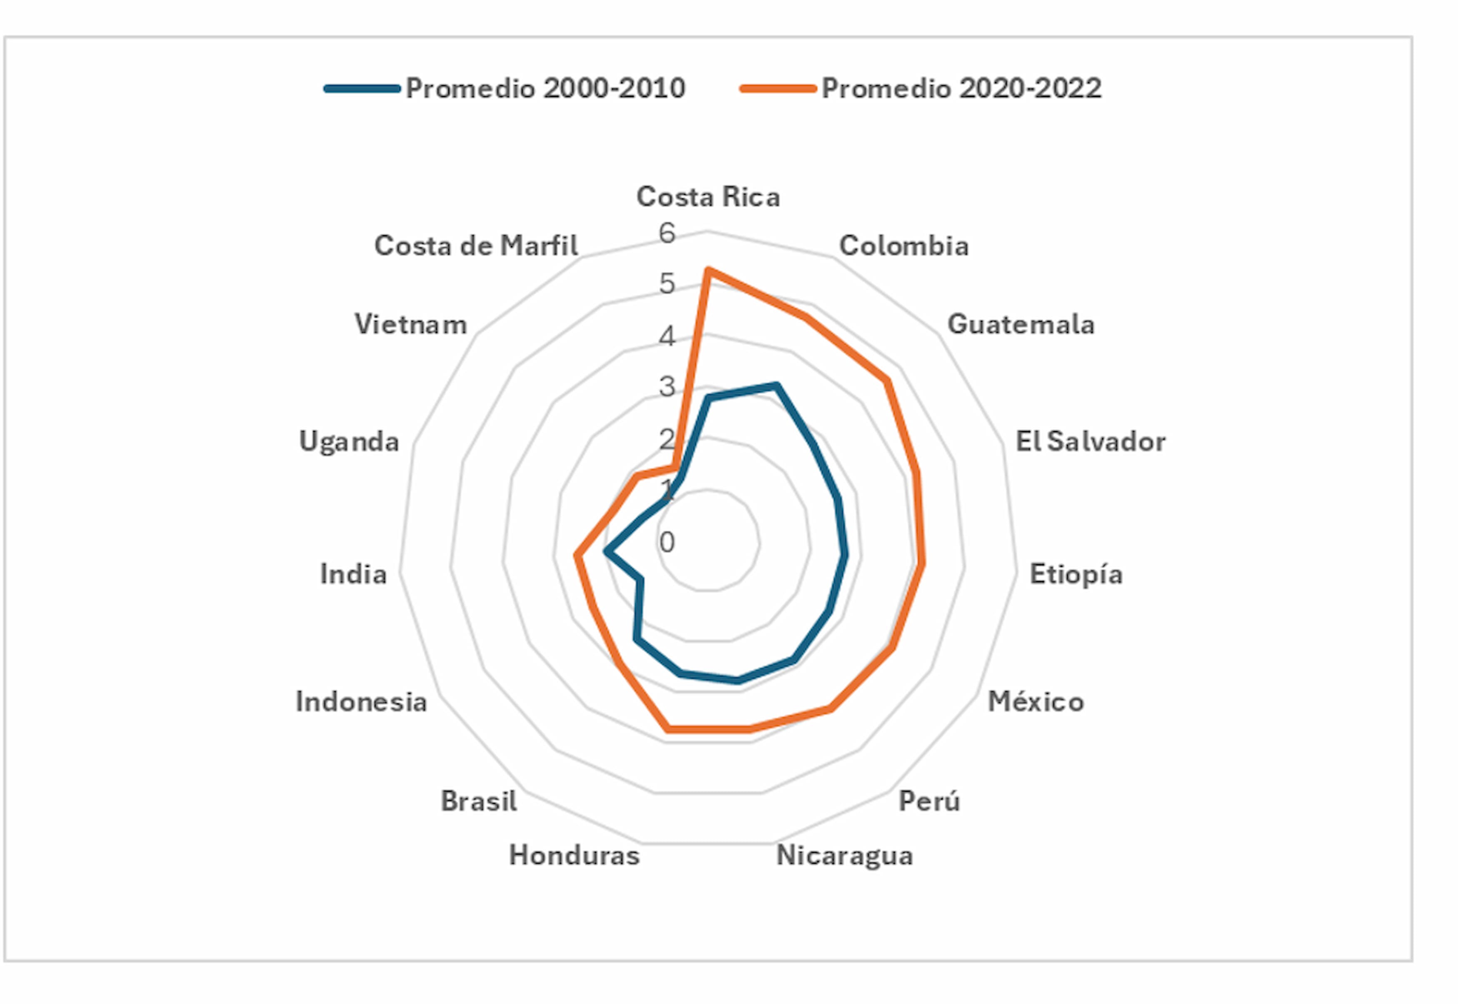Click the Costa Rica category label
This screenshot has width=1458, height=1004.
click(708, 197)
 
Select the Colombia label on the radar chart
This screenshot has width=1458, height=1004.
click(904, 246)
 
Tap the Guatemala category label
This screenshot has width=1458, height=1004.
click(1021, 325)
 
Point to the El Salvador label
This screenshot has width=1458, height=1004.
click(1090, 442)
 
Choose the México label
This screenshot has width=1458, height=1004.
click(1036, 701)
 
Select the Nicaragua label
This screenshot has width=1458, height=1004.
click(844, 855)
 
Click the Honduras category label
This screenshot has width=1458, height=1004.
click(574, 855)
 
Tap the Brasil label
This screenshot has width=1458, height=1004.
click(479, 801)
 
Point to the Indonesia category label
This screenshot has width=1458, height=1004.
click(361, 701)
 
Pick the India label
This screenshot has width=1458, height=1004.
click(353, 574)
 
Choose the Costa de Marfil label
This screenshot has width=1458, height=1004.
click(476, 246)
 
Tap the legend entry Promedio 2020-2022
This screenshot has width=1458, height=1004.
click(961, 88)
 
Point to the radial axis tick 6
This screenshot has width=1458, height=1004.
click(667, 234)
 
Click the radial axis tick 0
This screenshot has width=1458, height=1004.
click(667, 542)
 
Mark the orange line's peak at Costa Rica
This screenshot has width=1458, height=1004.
click(708, 271)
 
